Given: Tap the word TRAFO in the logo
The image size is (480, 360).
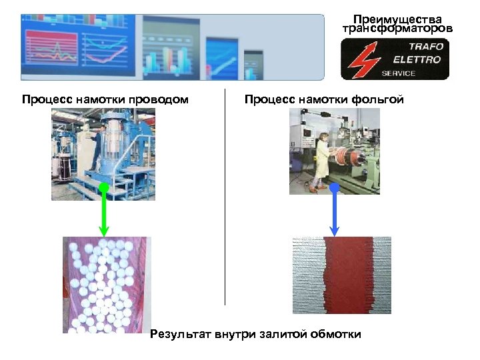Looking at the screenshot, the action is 425,47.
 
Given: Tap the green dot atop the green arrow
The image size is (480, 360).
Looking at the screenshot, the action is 103,188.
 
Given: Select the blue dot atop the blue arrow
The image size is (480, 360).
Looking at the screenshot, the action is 335,188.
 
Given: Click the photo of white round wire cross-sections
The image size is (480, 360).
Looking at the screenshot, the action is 107,284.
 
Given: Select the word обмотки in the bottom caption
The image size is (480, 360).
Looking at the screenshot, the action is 336,334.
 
